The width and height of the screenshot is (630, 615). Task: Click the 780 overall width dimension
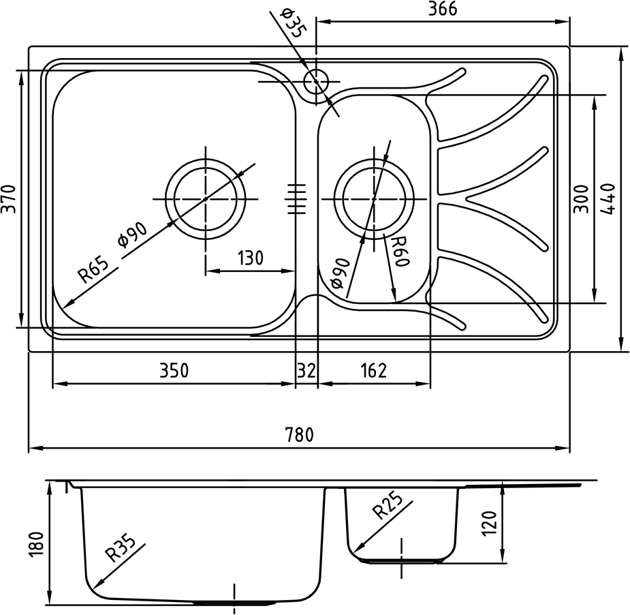299,434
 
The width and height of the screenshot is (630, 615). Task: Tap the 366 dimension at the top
443,9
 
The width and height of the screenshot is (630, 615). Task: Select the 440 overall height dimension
610,198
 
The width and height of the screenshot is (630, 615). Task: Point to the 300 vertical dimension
581,198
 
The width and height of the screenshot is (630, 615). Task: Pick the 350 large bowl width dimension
174,370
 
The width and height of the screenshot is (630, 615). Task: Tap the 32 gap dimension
306,370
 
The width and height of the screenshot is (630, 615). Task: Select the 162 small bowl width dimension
373,370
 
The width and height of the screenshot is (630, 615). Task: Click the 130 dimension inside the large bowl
250,258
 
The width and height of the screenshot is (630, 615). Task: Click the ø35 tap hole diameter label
291,22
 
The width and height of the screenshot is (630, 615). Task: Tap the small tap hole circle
316,82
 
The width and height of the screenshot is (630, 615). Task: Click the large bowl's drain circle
205,198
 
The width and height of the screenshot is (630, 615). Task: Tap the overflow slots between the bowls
296,198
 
